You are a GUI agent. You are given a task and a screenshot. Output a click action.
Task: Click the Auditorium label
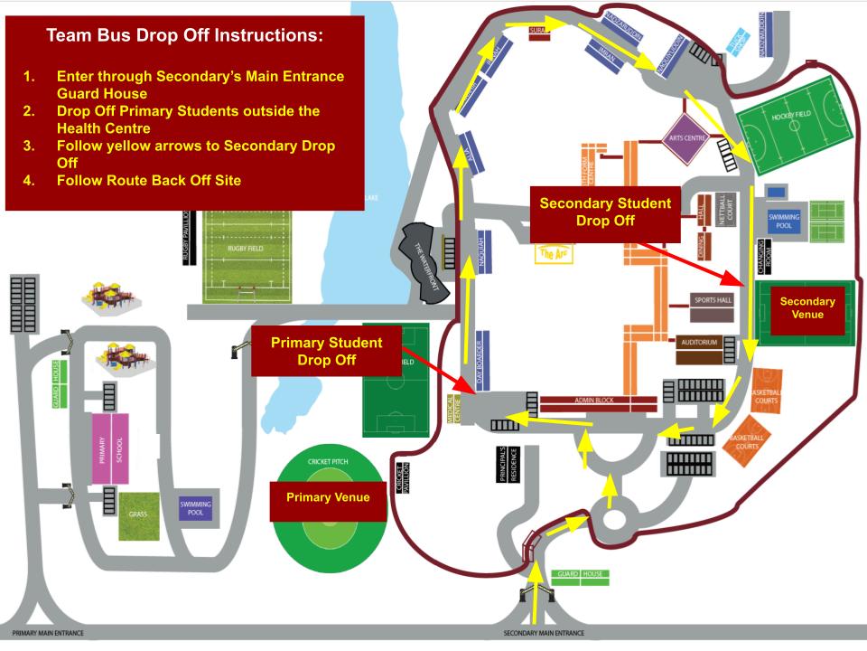[699, 343]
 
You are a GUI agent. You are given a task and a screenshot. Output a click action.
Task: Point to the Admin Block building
[599, 401]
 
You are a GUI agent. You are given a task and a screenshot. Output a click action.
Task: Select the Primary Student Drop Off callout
[326, 352]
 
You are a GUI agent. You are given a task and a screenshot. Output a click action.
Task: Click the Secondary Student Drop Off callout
[604, 212]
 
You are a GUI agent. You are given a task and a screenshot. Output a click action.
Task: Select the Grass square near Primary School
[143, 515]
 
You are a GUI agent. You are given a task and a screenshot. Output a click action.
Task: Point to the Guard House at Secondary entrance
[580, 574]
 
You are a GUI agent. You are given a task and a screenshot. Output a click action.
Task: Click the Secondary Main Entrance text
[544, 634]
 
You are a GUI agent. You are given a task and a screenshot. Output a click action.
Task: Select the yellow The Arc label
[553, 254]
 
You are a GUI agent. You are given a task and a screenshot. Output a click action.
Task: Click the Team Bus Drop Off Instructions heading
[184, 37]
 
